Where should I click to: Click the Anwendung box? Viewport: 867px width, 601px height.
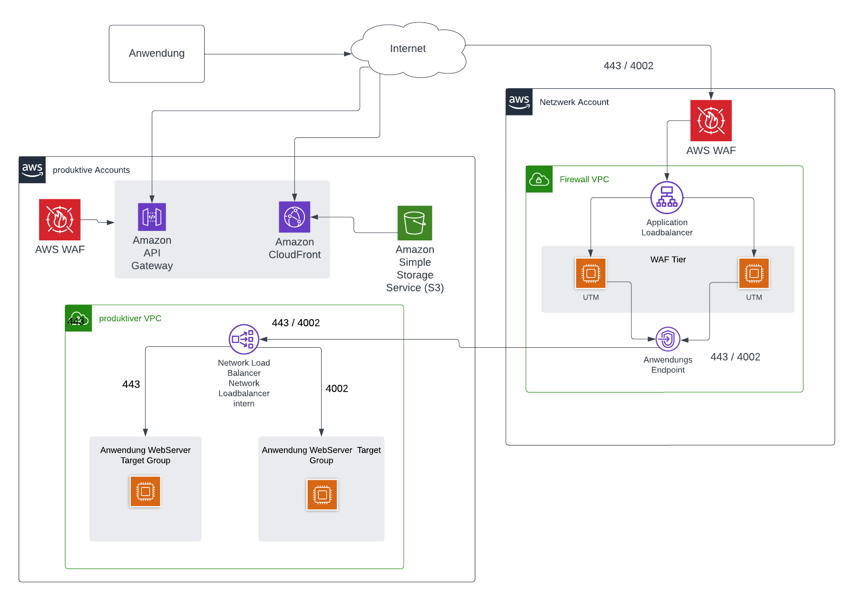[x=157, y=53]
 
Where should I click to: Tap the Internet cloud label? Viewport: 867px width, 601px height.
[x=407, y=49]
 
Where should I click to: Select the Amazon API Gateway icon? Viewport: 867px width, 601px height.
[x=152, y=217]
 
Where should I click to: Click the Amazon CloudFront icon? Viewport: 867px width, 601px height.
[x=294, y=217]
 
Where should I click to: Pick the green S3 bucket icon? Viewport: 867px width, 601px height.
[x=415, y=223]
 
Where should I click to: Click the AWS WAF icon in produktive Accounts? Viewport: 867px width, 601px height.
[x=60, y=219]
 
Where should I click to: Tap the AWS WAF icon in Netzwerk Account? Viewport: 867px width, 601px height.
[x=710, y=121]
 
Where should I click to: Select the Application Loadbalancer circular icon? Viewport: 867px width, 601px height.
[x=667, y=197]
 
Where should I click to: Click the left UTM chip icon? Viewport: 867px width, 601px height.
[x=590, y=273]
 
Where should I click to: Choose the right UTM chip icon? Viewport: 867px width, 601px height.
[x=753, y=273]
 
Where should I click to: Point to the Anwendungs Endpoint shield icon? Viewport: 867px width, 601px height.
[x=668, y=339]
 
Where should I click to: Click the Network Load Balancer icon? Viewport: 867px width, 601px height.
[x=244, y=339]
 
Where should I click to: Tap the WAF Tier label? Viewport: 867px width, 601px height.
[x=668, y=259]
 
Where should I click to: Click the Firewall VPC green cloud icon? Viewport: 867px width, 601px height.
[x=539, y=179]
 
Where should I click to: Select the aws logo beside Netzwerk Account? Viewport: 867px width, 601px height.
[x=519, y=102]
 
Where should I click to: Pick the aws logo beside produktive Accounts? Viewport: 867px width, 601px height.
[x=32, y=170]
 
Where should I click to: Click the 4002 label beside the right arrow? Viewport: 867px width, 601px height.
[x=337, y=389]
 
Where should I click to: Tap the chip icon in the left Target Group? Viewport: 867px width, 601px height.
[x=145, y=491]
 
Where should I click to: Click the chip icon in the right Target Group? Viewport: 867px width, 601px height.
[x=322, y=495]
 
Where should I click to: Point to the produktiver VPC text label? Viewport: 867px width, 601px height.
[x=130, y=318]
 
